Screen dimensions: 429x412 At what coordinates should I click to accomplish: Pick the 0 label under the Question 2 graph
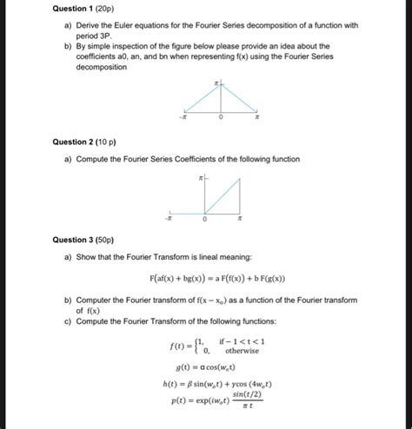pyautogui.click(x=206, y=220)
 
